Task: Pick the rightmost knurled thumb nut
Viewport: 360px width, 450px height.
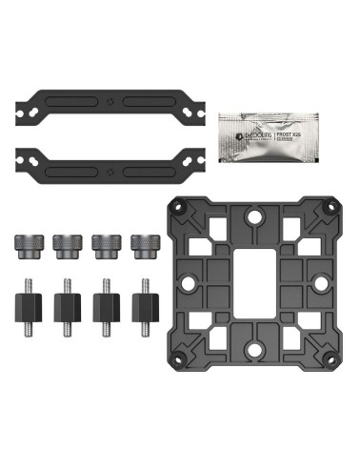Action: pos(145,245)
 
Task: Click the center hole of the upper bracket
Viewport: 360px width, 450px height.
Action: pos(111,104)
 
